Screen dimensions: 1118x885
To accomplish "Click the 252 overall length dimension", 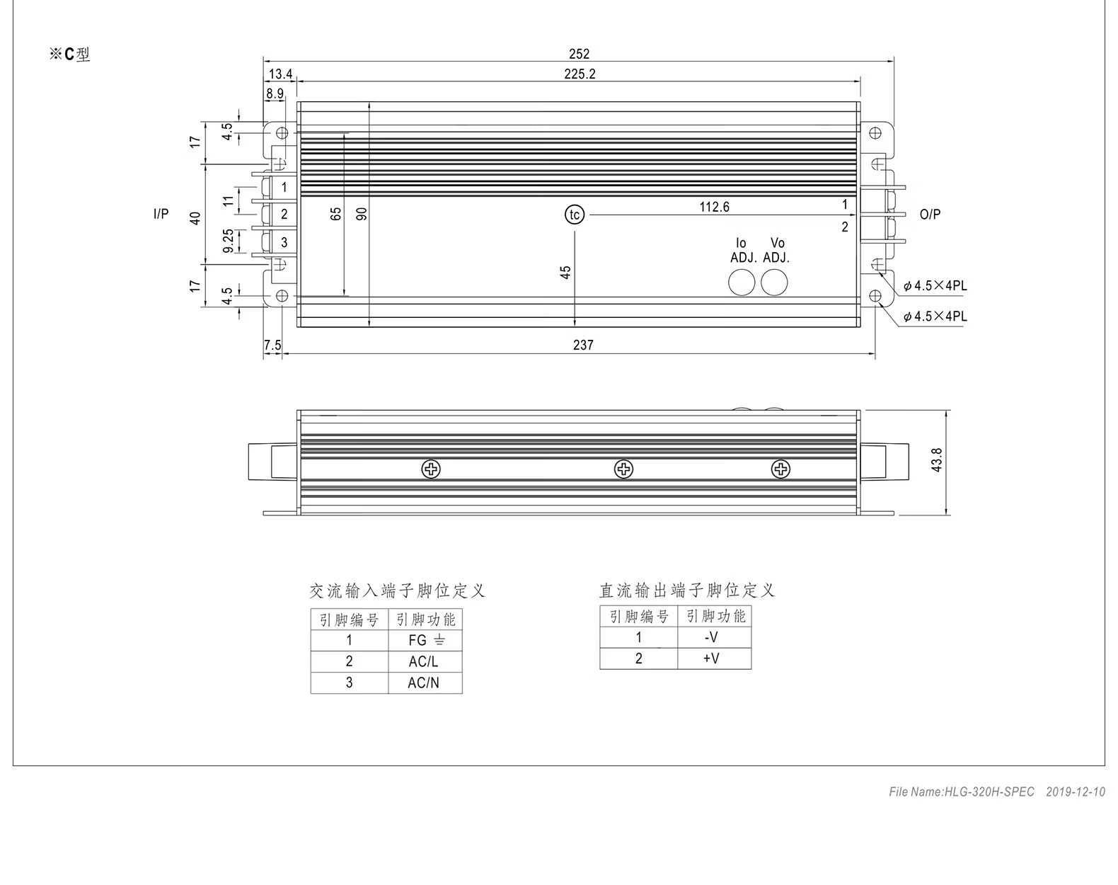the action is click(x=579, y=54).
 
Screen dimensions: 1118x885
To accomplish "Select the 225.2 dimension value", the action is click(x=580, y=74).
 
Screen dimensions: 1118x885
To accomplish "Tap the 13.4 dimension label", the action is click(x=280, y=74).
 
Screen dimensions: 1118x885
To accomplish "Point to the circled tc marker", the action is click(x=575, y=215).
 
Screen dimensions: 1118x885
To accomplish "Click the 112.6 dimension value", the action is click(x=715, y=207).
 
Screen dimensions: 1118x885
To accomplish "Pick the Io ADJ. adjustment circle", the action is click(x=742, y=282).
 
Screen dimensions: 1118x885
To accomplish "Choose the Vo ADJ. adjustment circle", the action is click(x=774, y=282).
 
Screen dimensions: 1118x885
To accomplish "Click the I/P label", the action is click(x=161, y=214).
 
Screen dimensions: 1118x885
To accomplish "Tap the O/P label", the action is click(x=930, y=215).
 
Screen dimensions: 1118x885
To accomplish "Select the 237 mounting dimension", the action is click(x=583, y=346).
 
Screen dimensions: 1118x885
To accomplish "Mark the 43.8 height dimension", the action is click(x=937, y=459).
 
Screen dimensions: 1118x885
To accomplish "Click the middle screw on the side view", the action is click(x=623, y=469).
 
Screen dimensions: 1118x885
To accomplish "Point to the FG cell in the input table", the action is click(x=425, y=641).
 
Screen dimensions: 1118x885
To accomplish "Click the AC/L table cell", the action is click(x=425, y=662).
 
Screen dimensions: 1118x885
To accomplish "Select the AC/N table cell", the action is click(x=425, y=683).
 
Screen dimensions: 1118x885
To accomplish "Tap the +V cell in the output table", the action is click(x=715, y=659).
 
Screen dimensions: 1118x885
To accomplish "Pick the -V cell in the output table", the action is click(x=715, y=637).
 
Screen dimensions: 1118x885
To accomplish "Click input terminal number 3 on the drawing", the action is click(x=284, y=242).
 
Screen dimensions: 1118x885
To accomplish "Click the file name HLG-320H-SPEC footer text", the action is click(x=962, y=792).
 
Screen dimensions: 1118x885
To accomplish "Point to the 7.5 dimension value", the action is click(x=272, y=346).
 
